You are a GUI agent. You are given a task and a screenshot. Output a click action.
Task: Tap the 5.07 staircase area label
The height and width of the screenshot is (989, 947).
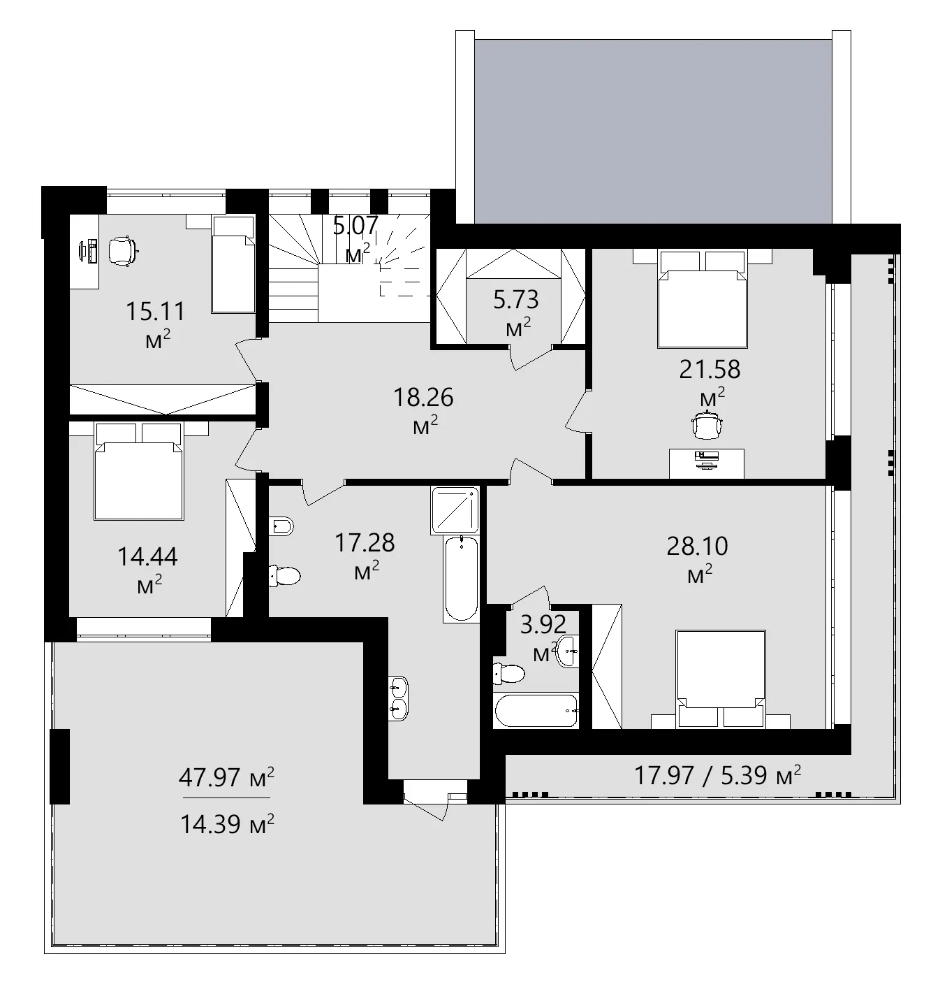pyautogui.click(x=356, y=226)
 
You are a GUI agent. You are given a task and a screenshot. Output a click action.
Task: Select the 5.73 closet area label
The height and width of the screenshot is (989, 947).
pyautogui.click(x=516, y=300)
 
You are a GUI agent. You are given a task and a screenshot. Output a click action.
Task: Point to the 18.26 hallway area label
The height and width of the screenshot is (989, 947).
pyautogui.click(x=423, y=398)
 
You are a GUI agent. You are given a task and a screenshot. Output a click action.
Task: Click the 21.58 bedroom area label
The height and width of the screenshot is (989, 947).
pyautogui.click(x=710, y=369)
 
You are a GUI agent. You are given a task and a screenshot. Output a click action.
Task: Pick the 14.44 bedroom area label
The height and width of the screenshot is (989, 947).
pyautogui.click(x=147, y=557)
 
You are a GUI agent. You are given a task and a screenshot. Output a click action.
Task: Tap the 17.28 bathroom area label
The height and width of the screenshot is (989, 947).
pyautogui.click(x=365, y=542)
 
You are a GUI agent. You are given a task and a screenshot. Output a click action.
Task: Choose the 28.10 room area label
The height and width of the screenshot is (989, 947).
pyautogui.click(x=697, y=546)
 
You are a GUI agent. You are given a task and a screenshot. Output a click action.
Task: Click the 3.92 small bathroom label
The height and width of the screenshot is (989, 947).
pyautogui.click(x=543, y=624)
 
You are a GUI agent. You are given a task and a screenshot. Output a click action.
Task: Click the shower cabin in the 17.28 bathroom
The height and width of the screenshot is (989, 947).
pyautogui.click(x=455, y=510)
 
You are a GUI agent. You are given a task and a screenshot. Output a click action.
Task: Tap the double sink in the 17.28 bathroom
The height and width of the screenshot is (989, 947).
pyautogui.click(x=398, y=698)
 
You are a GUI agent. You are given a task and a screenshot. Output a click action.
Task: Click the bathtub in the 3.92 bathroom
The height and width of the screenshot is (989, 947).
pyautogui.click(x=536, y=711)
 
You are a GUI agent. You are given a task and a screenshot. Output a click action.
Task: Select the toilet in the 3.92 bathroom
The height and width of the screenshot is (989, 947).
pyautogui.click(x=508, y=674)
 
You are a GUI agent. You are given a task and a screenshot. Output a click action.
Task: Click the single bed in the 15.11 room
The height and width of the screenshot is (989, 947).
pyautogui.click(x=233, y=265)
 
